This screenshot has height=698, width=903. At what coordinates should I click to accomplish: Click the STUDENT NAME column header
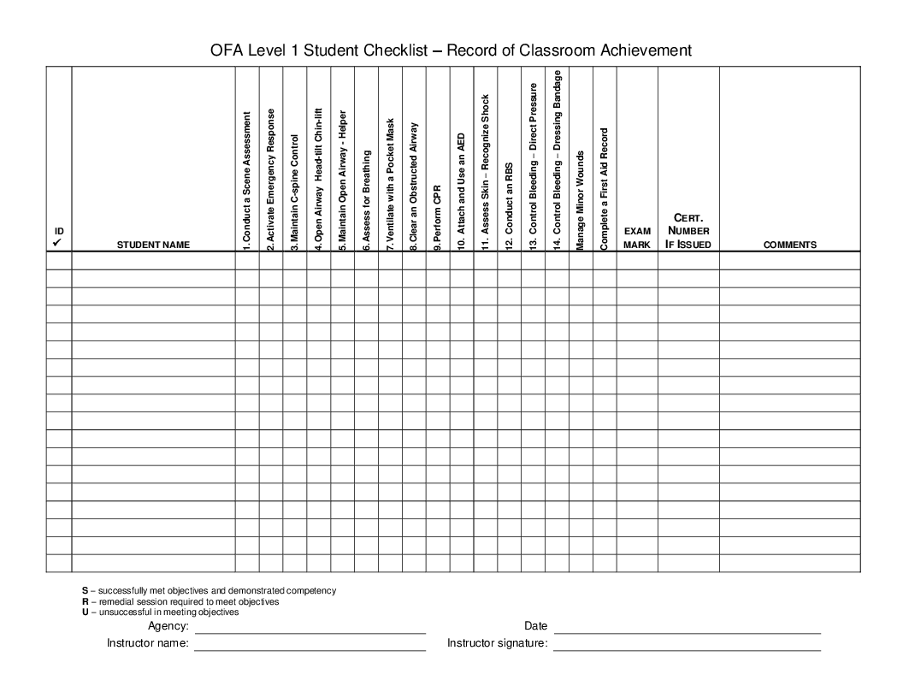coord(153,245)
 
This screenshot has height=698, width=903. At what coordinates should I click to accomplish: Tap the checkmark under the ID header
coord(58,244)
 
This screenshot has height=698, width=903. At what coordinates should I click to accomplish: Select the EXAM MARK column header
coord(637,238)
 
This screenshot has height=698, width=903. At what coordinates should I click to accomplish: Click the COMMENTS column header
coord(789,245)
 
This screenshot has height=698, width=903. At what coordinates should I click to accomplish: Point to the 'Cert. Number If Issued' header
coord(688,231)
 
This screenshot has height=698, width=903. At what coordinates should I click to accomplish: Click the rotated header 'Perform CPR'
coord(437,216)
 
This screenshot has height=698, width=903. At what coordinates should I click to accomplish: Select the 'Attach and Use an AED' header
coord(461,191)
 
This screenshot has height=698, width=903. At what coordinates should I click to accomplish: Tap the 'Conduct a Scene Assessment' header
coord(247,180)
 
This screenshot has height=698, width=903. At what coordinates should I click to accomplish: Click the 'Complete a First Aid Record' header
coord(604,189)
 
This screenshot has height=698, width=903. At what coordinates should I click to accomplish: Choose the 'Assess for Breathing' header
coord(366,200)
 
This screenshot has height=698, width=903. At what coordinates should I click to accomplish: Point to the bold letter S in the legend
coord(85,590)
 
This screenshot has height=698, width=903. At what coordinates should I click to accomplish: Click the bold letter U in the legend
coord(85,612)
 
